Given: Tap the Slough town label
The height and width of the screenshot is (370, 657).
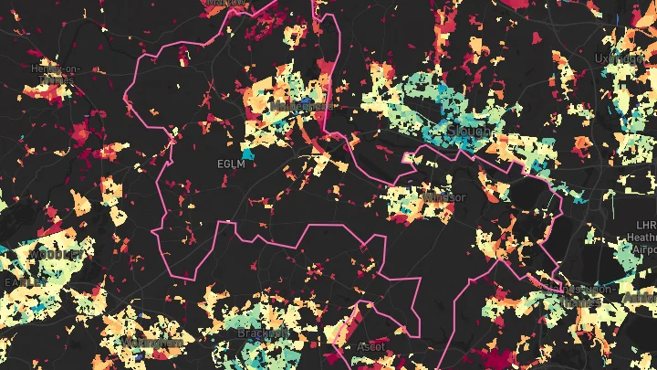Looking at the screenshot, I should (x=470, y=132).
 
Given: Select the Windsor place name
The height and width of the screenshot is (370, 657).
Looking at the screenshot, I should (x=444, y=197).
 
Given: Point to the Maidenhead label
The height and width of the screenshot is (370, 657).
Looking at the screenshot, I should (x=300, y=106).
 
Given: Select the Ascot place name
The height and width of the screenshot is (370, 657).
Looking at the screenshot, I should (x=369, y=347).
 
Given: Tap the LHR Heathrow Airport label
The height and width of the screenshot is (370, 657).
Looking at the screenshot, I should (x=645, y=236).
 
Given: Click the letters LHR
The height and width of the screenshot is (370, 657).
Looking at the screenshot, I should (x=646, y=224).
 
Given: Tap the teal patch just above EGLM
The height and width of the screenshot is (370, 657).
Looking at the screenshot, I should (x=247, y=149).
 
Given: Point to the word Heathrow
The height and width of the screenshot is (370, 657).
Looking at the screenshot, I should (x=644, y=236).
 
